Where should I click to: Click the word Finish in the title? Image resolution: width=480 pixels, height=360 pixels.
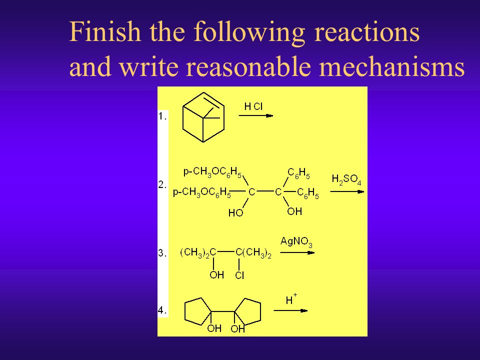click(x=105, y=33)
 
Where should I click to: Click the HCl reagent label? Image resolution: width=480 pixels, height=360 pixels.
click(x=253, y=106)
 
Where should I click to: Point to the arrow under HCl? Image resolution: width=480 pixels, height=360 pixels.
click(x=255, y=115)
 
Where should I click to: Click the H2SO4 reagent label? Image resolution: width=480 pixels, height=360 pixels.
click(x=346, y=178)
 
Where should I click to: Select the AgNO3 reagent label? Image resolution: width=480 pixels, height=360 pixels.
click(x=296, y=242)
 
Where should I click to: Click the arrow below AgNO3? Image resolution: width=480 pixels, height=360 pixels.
click(x=297, y=252)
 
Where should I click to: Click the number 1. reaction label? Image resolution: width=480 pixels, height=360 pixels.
click(x=163, y=116)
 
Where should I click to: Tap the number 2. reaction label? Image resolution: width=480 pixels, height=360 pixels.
click(x=163, y=184)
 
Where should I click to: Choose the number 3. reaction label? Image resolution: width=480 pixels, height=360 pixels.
click(x=163, y=253)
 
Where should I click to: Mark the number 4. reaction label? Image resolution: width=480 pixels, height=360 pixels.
click(x=163, y=310)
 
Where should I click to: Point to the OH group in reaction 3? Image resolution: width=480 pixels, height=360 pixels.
click(x=216, y=275)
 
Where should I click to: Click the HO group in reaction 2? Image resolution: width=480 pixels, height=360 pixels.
click(x=235, y=212)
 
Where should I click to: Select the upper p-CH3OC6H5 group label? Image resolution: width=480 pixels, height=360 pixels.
click(x=212, y=173)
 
